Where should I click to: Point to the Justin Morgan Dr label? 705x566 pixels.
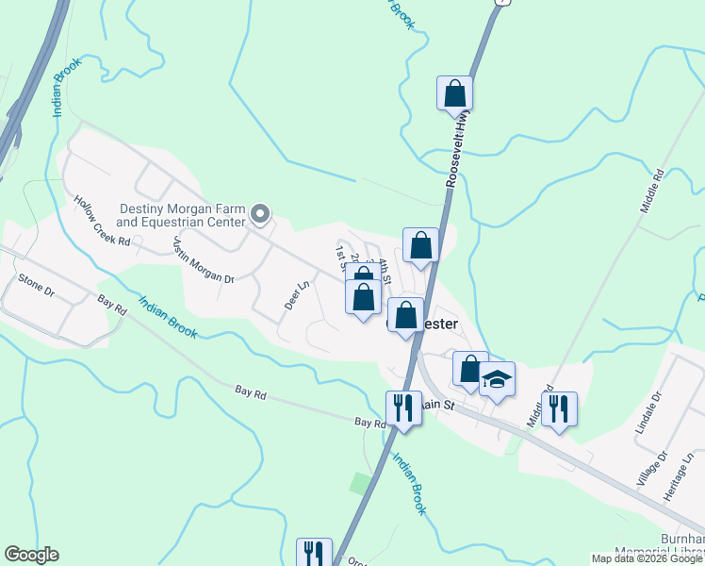pos(203,260)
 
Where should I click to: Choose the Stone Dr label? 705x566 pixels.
pos(37,285)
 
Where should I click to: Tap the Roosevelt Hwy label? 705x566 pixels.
pos(460,151)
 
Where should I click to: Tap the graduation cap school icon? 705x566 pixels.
pos(497,379)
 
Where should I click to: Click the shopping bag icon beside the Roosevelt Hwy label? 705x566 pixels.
pos(455,94)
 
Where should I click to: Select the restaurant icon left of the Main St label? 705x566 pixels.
pos(403,408)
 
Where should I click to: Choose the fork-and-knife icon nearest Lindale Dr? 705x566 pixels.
pos(560,408)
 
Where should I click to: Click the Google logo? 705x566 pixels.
pos(31,555)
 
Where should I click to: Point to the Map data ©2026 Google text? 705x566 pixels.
pos(647,558)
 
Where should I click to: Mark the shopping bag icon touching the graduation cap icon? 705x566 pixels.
pos(469,369)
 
